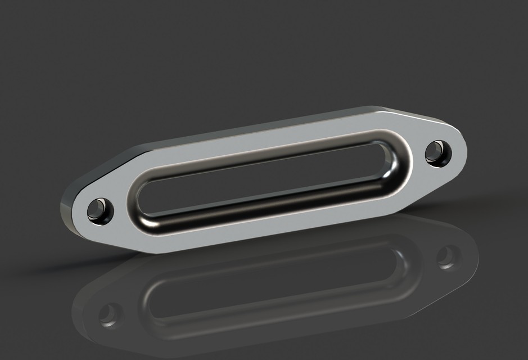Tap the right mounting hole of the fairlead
[x=437, y=152]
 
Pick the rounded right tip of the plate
[x=464, y=148]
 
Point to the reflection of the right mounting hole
[x=448, y=256]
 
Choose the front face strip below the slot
[x=270, y=222]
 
